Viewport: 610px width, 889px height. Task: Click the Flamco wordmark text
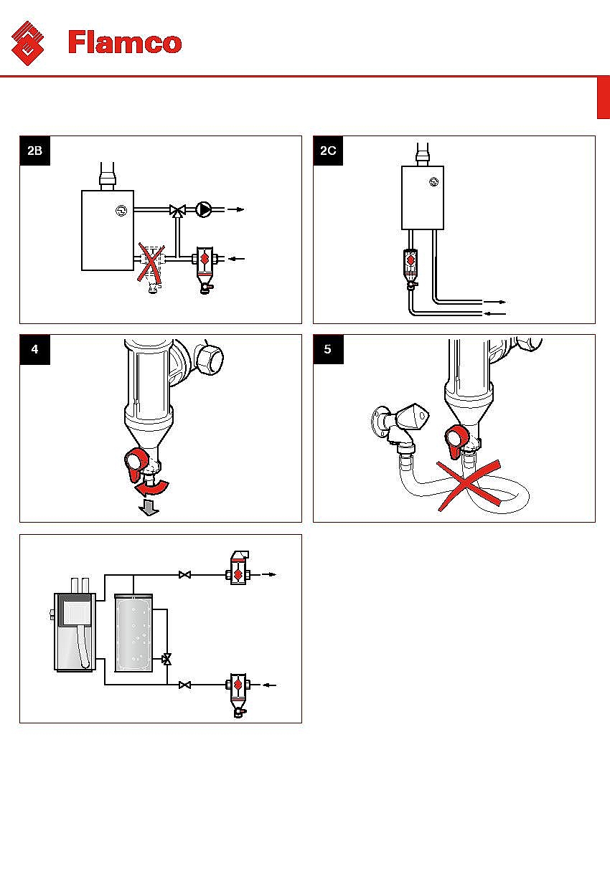click(125, 42)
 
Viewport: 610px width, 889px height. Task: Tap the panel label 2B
click(35, 151)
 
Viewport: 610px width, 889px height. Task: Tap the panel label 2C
click(329, 151)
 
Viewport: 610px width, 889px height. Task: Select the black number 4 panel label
click(35, 350)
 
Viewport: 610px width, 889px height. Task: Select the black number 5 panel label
click(329, 350)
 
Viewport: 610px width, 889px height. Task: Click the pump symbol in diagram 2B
click(204, 210)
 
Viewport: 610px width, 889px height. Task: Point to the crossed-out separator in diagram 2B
click(152, 265)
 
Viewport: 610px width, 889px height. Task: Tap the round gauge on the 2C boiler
click(433, 181)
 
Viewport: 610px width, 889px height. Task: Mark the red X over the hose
click(471, 485)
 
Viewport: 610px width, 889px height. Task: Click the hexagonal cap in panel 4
click(207, 356)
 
